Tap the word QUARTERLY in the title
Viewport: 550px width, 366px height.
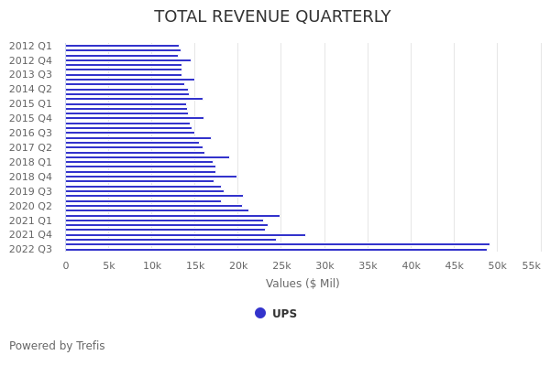click(x=341, y=17)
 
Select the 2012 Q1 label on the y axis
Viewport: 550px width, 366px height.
click(x=30, y=46)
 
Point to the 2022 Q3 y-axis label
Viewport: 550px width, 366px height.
click(x=30, y=249)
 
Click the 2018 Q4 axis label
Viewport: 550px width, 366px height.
click(x=30, y=177)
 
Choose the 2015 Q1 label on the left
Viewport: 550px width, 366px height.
click(x=30, y=103)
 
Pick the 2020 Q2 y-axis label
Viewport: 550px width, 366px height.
click(x=30, y=206)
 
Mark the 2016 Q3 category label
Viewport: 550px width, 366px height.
click(x=30, y=133)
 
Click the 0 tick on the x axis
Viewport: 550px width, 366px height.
click(x=66, y=265)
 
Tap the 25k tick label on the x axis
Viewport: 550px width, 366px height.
click(x=281, y=265)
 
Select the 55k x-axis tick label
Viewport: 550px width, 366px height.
click(x=531, y=265)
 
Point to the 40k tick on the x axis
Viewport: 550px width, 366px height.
click(x=411, y=265)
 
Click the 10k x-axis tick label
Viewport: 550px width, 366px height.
click(x=152, y=265)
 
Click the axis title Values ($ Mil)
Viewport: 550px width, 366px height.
click(x=302, y=284)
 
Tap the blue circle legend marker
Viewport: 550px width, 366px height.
click(x=260, y=313)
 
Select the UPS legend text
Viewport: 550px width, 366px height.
click(x=284, y=314)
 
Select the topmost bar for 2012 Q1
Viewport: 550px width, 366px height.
click(x=122, y=46)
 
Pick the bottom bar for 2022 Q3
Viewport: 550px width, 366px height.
click(x=275, y=249)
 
